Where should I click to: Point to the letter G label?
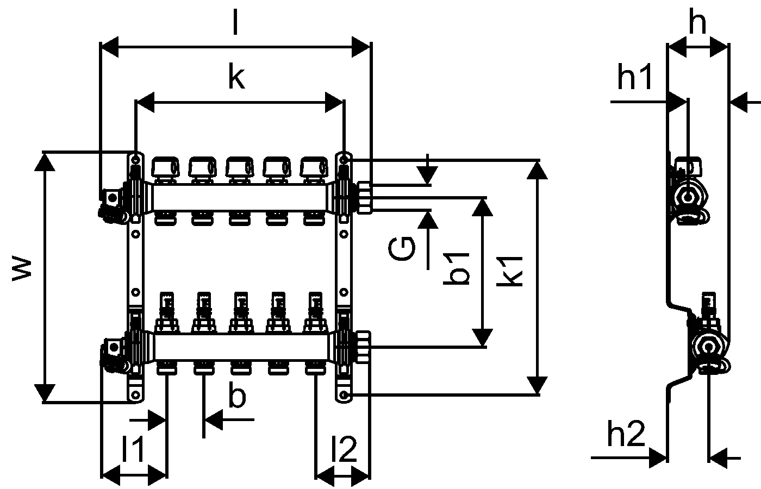pyautogui.click(x=403, y=248)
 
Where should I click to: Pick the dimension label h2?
pyautogui.click(x=626, y=435)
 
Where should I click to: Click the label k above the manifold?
pyautogui.click(x=236, y=78)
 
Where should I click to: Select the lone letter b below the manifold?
pyautogui.click(x=237, y=397)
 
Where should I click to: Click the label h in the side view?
pyautogui.click(x=697, y=23)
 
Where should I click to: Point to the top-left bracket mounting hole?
pyautogui.click(x=135, y=160)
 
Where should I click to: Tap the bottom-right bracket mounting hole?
pyautogui.click(x=344, y=394)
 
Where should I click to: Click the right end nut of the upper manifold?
pyautogui.click(x=364, y=197)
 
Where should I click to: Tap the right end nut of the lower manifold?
pyautogui.click(x=364, y=346)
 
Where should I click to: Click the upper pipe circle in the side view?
pyautogui.click(x=689, y=196)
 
